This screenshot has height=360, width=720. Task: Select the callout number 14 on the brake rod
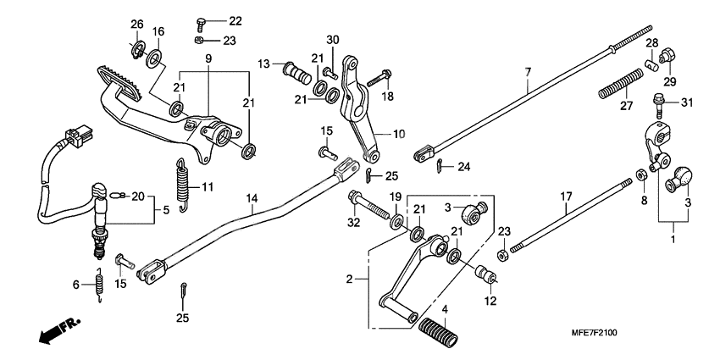(252, 199)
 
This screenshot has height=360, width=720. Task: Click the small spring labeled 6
(99, 285)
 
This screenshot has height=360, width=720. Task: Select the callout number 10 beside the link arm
(398, 134)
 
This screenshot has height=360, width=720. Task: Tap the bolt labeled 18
(378, 80)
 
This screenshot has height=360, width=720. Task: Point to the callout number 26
(137, 23)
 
